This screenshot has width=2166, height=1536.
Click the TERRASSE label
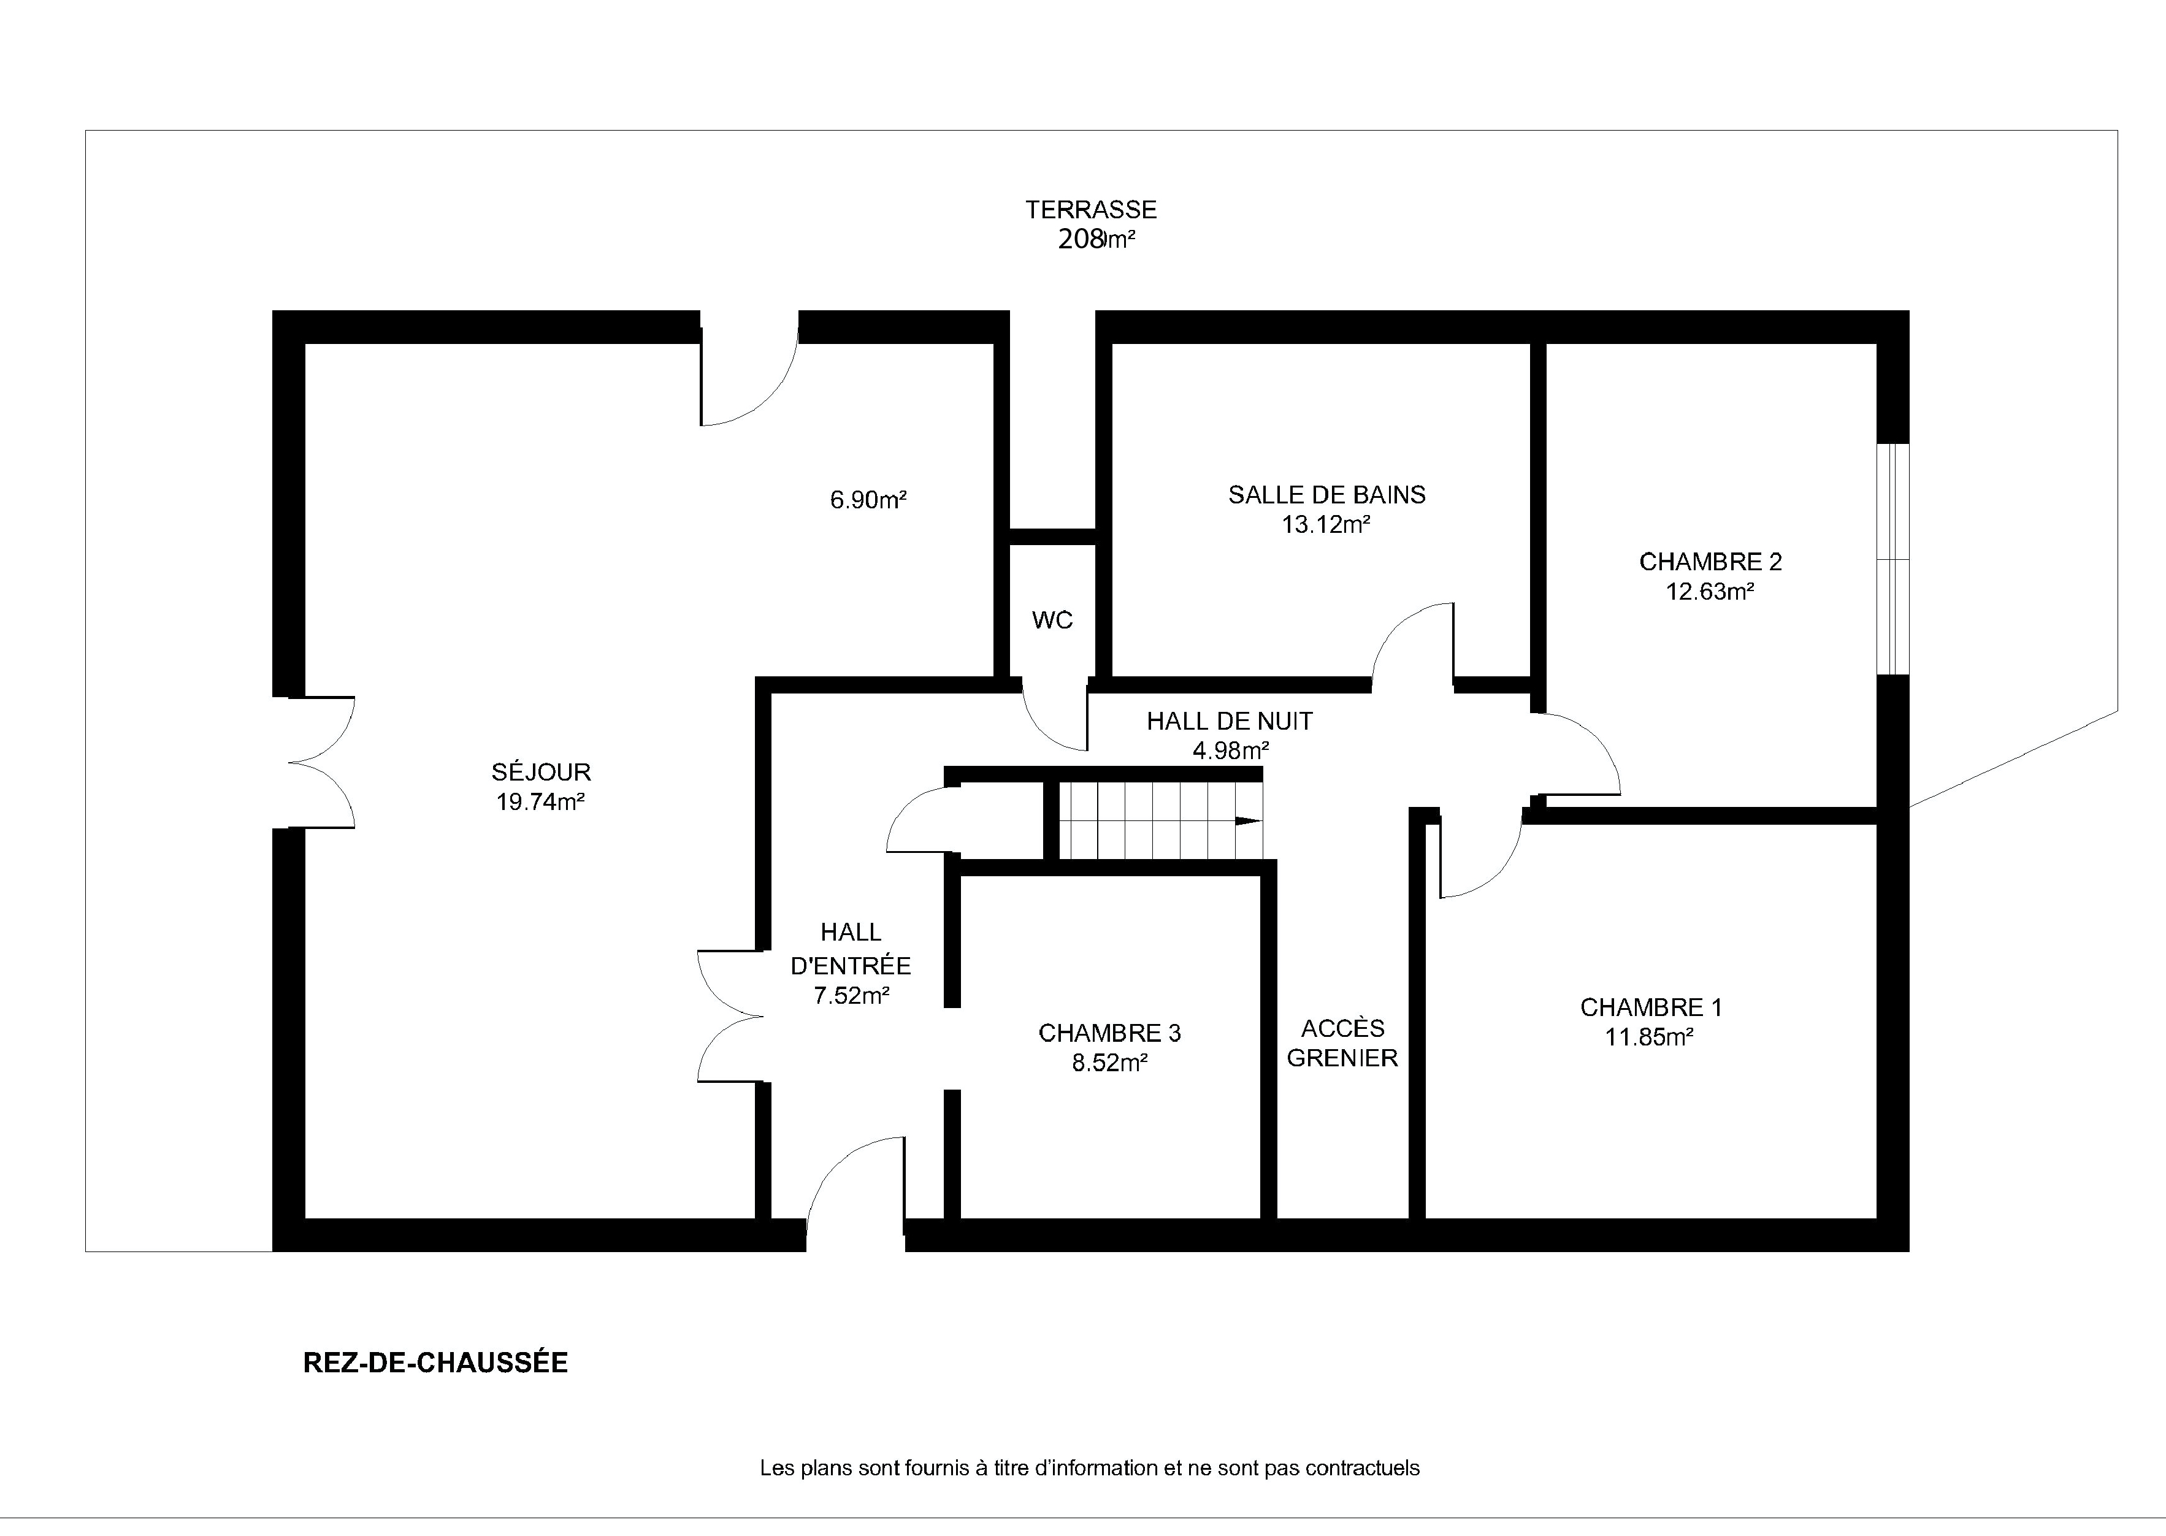[1092, 209]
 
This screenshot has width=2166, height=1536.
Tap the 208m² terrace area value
[1096, 239]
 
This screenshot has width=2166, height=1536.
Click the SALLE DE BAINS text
[1327, 495]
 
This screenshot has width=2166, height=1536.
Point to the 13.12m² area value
[1326, 524]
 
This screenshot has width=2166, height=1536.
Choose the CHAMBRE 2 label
[1710, 562]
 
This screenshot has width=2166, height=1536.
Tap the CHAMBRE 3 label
[1109, 1033]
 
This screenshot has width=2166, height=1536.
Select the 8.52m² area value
[1109, 1063]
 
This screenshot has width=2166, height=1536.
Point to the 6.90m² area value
[868, 499]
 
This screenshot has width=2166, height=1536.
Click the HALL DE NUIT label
[1230, 722]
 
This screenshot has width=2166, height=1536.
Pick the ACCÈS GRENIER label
[1342, 1042]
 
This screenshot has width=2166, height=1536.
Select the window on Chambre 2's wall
[1892, 559]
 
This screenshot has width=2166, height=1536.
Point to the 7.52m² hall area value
[851, 995]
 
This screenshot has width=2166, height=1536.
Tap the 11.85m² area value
[1648, 1037]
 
